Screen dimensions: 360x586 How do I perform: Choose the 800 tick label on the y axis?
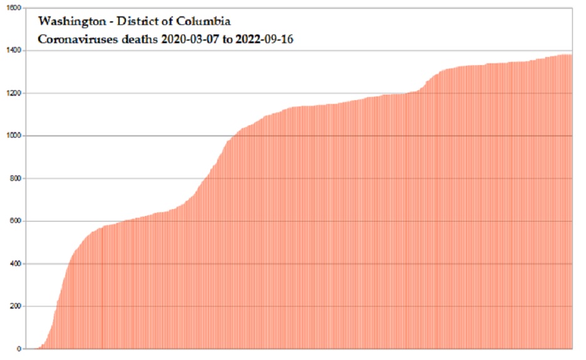tap(14, 178)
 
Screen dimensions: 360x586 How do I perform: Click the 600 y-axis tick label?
tap(14, 221)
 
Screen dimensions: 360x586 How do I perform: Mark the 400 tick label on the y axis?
tap(14, 264)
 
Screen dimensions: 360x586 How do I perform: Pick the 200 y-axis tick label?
tap(14, 306)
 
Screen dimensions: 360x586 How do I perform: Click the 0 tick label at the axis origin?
tap(19, 349)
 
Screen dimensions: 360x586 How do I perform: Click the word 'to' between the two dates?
tap(227, 40)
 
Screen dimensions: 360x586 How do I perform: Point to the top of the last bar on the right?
tap(571, 55)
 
